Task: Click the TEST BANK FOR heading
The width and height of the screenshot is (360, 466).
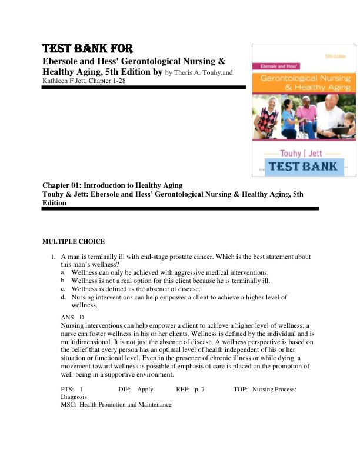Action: click(88, 49)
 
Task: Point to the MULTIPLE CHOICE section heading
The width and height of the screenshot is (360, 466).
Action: click(74, 241)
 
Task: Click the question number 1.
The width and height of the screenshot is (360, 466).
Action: click(52, 257)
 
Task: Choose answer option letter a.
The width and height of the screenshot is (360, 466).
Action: click(63, 272)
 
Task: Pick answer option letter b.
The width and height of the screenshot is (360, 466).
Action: click(63, 281)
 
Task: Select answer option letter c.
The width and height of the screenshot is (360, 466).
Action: click(63, 289)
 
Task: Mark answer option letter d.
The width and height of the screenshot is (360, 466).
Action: click(63, 297)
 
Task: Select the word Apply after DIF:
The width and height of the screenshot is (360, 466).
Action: click(145, 389)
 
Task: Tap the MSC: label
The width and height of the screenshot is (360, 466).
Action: click(69, 404)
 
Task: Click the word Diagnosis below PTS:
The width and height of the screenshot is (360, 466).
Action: click(75, 397)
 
